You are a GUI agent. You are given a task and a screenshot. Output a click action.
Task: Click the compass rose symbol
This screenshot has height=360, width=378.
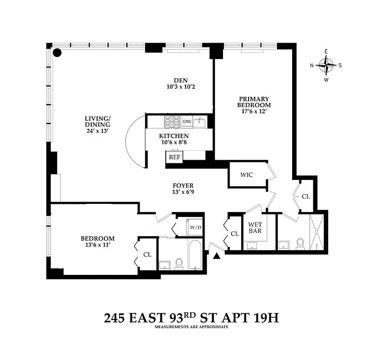tap(326, 65)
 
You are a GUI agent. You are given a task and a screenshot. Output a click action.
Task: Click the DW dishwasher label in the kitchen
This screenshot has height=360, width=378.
tap(187, 121)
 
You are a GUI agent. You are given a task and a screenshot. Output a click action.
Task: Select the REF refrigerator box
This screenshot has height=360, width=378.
tap(173, 157)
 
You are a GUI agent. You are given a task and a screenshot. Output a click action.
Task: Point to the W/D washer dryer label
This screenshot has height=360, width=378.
tap(196, 227)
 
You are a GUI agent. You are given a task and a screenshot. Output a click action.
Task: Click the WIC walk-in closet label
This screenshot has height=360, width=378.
tap(246, 175)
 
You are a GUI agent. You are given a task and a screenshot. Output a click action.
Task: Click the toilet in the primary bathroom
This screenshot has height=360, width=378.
tap(302, 243)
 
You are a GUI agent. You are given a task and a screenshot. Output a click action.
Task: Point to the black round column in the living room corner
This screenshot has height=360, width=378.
tap(58, 53)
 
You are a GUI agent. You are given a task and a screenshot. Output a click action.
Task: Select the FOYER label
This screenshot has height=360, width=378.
tap(183, 185)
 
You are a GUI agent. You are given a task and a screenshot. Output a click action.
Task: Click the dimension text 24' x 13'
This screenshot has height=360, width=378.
tap(97, 131)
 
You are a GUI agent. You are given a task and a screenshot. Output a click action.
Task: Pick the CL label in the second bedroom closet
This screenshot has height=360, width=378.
tap(147, 254)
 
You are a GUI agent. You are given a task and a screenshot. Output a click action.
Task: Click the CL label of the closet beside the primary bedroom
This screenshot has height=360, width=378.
tap(306, 196)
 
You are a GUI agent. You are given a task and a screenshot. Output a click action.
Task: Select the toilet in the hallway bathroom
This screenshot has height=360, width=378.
tap(178, 263)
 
